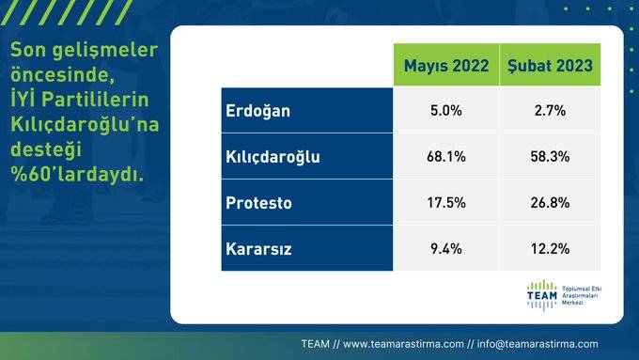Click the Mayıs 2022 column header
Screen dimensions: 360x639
pos(446,65)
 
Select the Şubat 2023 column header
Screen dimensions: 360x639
pos(549,65)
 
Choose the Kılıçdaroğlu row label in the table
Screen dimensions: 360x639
pos(273,157)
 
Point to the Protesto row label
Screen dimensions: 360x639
pos(259,203)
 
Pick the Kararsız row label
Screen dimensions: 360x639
pos(259,249)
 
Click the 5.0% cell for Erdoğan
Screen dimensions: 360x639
pos(446,111)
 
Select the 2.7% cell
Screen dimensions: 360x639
pos(549,111)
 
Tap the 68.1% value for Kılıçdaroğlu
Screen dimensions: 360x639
pos(446,157)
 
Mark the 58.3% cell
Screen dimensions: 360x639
pos(549,157)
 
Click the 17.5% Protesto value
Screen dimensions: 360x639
pos(446,203)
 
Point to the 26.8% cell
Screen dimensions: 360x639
pos(549,203)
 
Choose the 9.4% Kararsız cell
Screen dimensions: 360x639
pos(446,249)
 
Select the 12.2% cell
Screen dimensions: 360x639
pos(549,249)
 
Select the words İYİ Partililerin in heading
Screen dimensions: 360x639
pos(76,99)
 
